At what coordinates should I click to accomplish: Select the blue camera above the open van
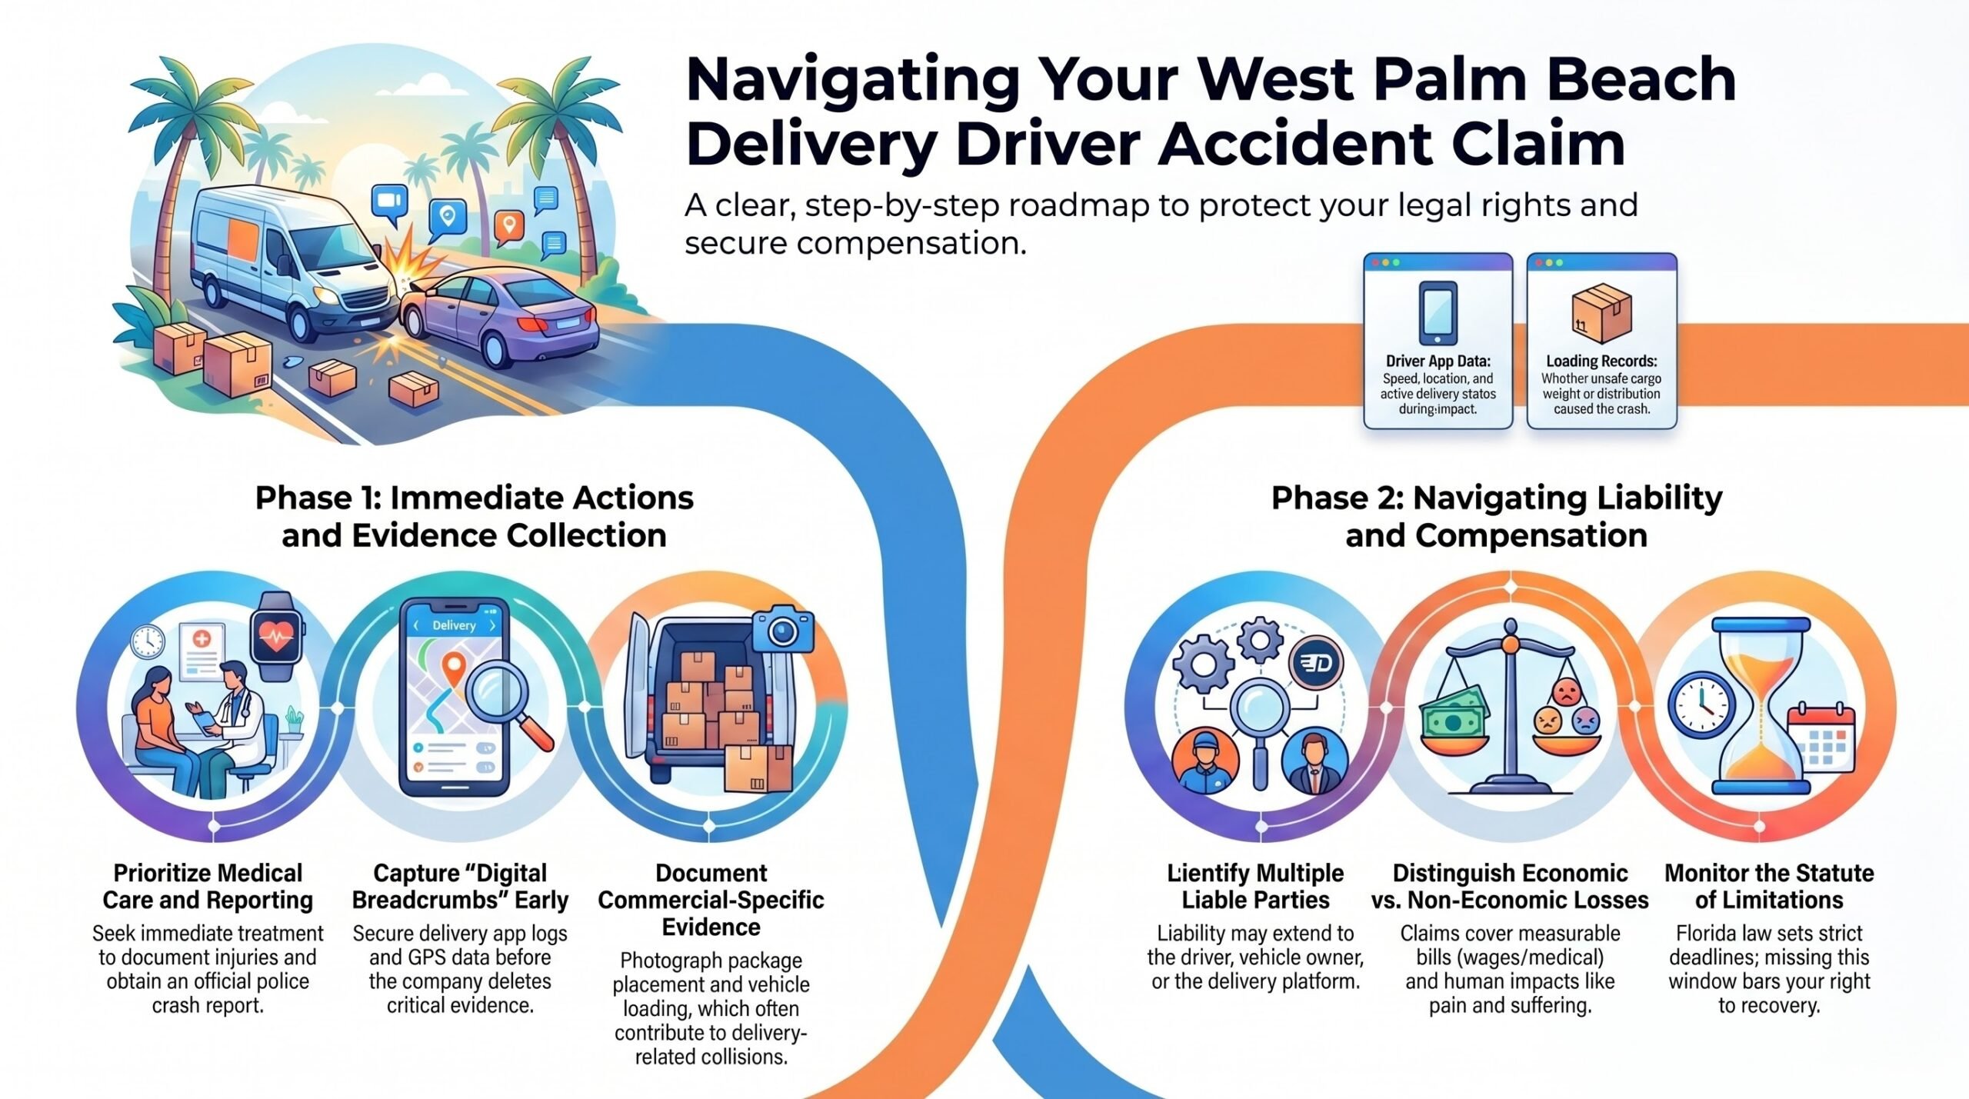tap(782, 628)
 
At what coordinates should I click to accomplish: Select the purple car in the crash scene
tap(500, 317)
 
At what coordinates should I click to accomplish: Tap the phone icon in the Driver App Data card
tap(1438, 313)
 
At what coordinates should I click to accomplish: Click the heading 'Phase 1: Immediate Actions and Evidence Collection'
tap(475, 517)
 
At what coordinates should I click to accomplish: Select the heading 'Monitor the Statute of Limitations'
tap(1769, 886)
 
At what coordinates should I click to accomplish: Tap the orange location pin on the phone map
tap(454, 669)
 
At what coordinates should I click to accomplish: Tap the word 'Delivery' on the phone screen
tap(454, 625)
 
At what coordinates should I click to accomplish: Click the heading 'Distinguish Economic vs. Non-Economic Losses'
tap(1510, 886)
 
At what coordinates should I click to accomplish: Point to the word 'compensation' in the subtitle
tap(911, 243)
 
